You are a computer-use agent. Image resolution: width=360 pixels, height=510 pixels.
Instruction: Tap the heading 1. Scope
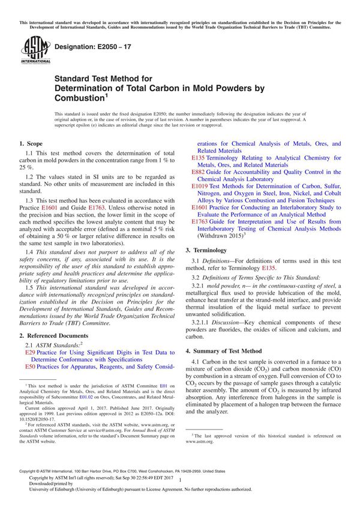click(31, 144)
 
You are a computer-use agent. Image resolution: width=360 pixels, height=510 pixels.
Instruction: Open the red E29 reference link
click(29, 354)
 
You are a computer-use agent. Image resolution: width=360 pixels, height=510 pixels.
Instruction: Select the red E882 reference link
click(199, 172)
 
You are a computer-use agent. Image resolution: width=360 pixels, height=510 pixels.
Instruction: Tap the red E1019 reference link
click(201, 187)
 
